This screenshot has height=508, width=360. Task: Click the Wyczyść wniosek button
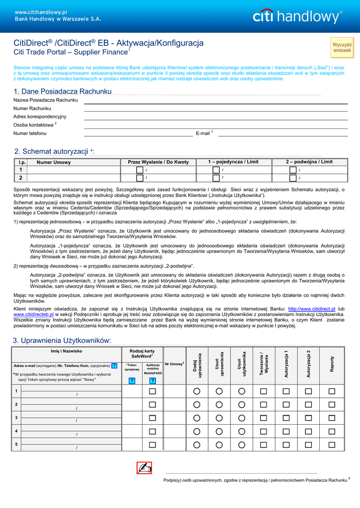(342, 47)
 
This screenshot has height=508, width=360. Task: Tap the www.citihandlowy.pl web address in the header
(34, 12)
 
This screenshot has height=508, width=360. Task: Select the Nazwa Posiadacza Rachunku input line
(216, 101)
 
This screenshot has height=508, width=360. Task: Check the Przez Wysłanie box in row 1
(140, 170)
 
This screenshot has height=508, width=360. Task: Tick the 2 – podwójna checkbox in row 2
(293, 178)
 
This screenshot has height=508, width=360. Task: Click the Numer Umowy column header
(54, 162)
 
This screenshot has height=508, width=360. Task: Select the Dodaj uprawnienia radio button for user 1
(197, 391)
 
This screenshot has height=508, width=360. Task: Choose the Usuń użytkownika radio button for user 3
(241, 418)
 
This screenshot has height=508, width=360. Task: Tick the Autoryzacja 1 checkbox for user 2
(286, 405)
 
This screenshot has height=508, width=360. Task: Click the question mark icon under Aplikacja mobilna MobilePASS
(152, 381)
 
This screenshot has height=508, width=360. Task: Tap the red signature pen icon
(144, 468)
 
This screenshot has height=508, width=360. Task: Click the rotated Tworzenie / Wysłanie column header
(264, 364)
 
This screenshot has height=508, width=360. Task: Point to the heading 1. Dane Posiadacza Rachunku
(63, 91)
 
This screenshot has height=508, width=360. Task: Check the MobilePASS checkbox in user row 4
(152, 432)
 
